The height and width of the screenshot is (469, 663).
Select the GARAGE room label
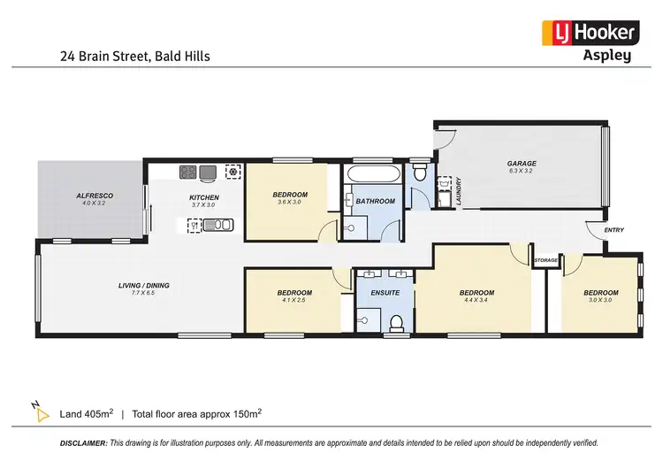click(522, 164)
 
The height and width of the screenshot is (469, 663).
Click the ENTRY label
click(613, 230)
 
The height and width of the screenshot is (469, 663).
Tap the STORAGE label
click(545, 260)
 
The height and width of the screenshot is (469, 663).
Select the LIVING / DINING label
click(144, 285)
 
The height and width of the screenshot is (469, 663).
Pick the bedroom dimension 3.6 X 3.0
click(290, 203)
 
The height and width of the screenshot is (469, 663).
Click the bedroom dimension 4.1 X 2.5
click(294, 300)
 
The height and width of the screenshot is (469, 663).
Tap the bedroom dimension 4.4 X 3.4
click(476, 300)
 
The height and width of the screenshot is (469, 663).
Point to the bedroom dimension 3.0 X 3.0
click(600, 300)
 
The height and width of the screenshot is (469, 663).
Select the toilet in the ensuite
click(397, 321)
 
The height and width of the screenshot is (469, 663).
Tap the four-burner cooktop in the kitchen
click(188, 172)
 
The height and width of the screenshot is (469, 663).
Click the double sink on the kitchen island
click(215, 226)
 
